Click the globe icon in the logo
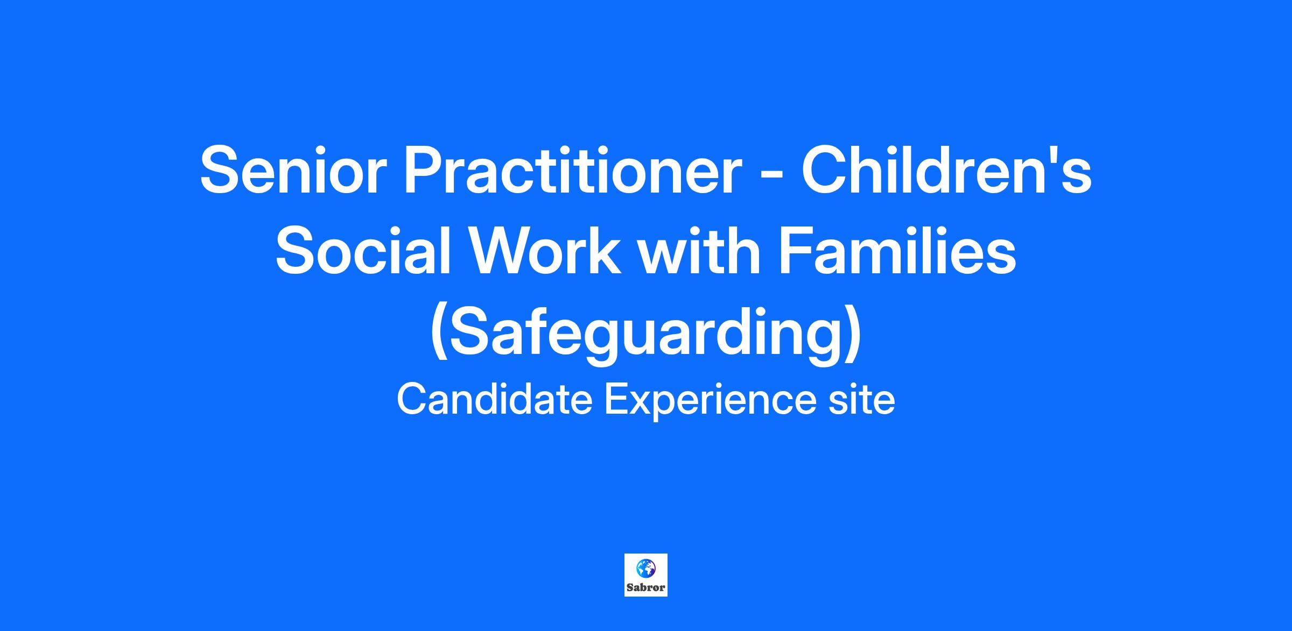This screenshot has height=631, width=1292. click(x=645, y=568)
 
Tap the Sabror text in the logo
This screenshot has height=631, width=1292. click(x=645, y=587)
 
